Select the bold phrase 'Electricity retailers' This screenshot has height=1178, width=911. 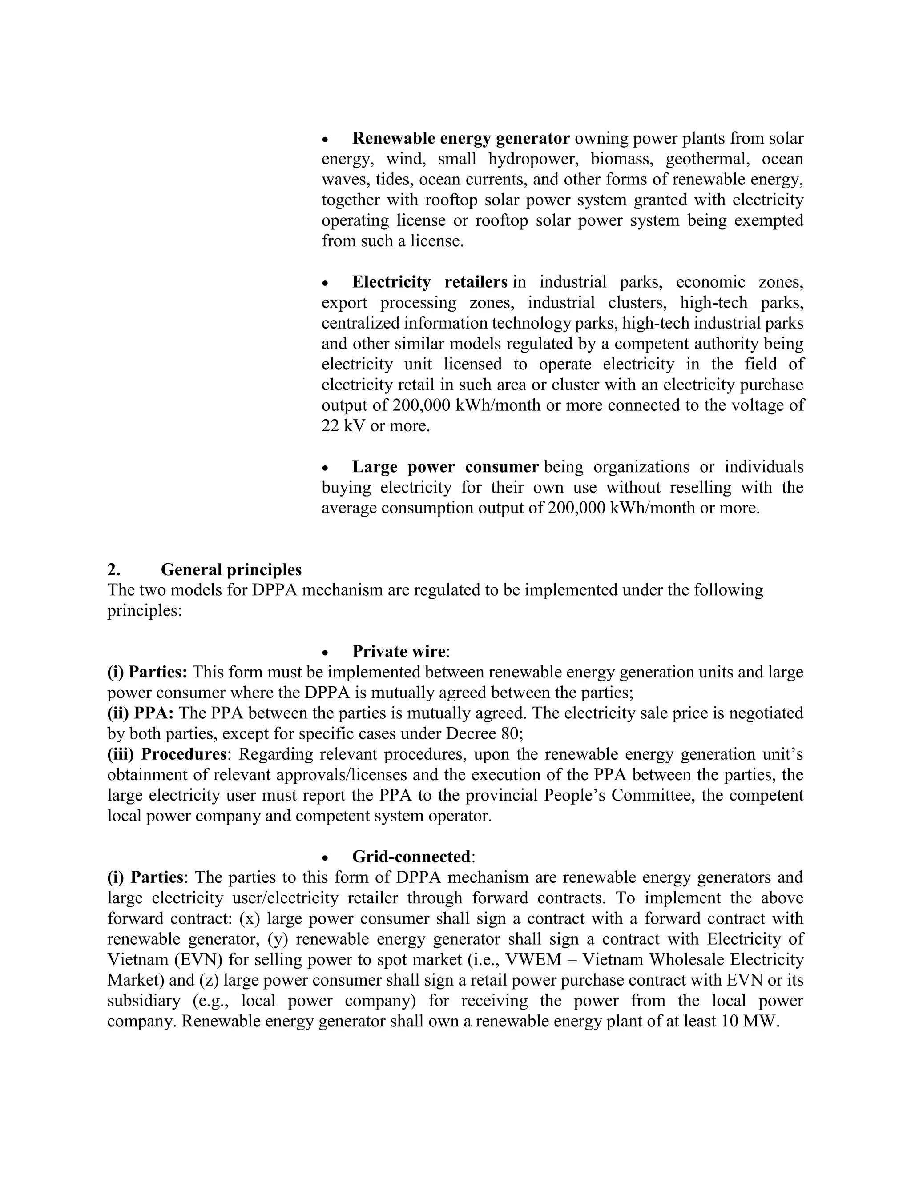[x=430, y=282]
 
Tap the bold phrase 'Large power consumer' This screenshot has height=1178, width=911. [x=445, y=467]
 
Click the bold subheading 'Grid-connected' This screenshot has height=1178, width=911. [x=411, y=857]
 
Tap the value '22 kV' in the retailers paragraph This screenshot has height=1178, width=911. [x=343, y=425]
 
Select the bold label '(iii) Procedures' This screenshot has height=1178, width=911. [x=166, y=754]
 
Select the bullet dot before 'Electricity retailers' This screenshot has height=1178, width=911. [x=325, y=283]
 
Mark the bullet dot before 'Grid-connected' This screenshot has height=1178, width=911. [x=325, y=857]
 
